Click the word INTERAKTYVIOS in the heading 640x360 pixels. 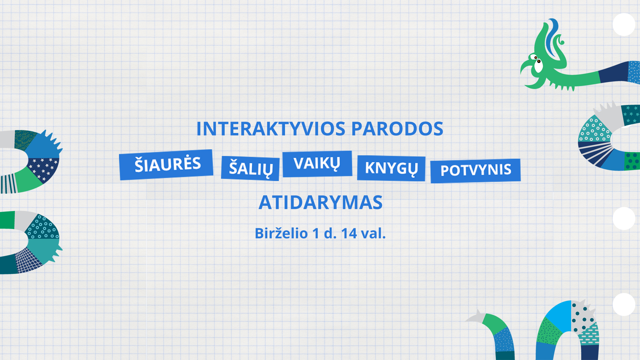tap(271, 129)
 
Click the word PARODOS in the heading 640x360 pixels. tap(397, 129)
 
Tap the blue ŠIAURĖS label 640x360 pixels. tap(166, 165)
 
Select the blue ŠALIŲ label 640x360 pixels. tap(250, 168)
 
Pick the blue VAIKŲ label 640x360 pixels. tap(317, 164)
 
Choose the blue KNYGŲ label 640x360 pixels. tap(391, 168)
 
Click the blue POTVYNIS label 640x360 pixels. tap(476, 171)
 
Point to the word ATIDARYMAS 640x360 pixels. tap(321, 202)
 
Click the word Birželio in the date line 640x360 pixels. tap(281, 233)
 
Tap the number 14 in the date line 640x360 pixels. tap(349, 233)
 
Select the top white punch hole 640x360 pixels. tap(624, 24)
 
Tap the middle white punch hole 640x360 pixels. tap(624, 218)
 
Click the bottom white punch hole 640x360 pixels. tap(624, 304)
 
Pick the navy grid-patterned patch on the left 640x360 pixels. tap(28, 260)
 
